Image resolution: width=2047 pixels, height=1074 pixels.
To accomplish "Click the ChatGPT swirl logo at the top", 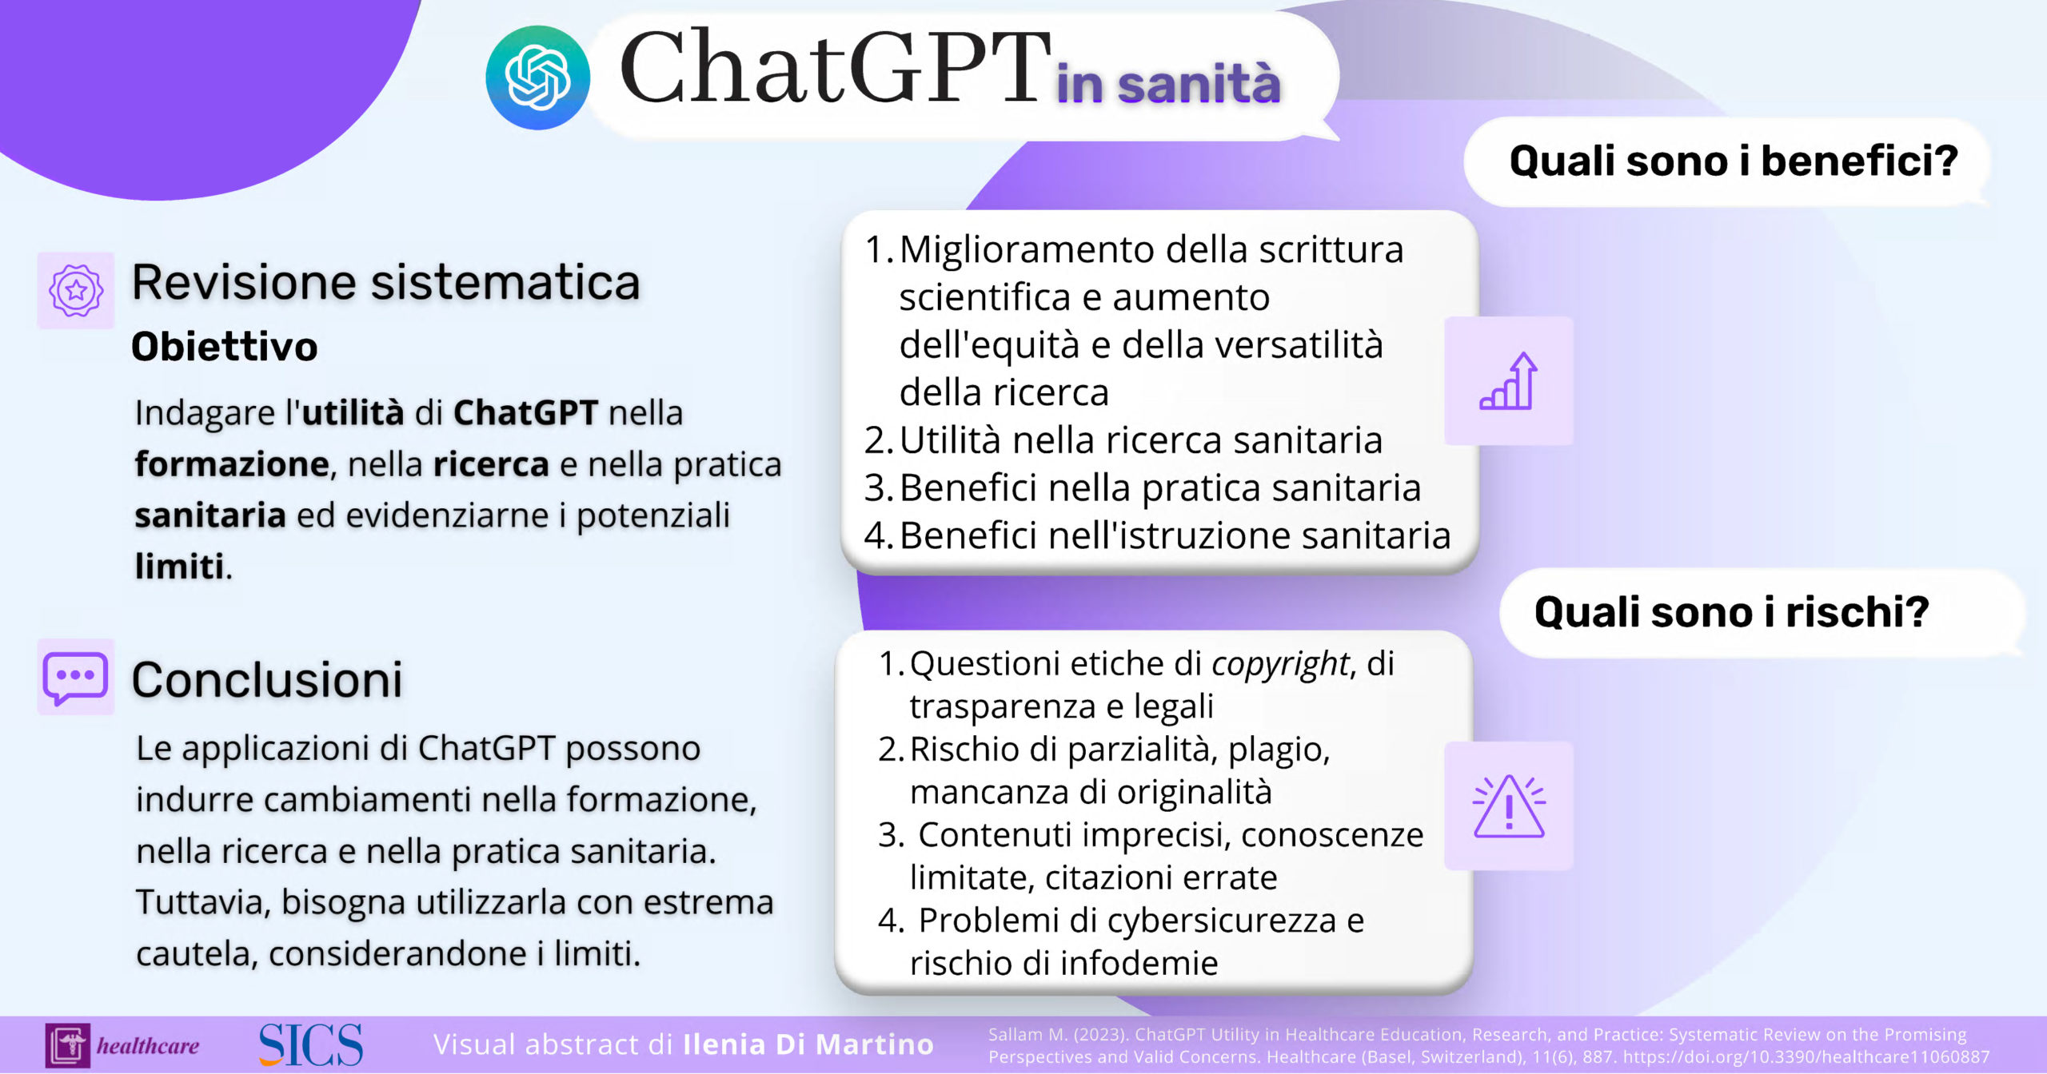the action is click(x=537, y=78).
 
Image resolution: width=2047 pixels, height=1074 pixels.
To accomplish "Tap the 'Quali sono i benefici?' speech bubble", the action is click(x=1728, y=161).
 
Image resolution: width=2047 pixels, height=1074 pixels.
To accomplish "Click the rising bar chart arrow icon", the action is click(x=1509, y=381).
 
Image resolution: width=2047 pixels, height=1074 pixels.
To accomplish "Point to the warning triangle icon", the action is click(x=1509, y=806).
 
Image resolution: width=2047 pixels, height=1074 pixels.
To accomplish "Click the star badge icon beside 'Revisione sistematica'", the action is click(x=76, y=290).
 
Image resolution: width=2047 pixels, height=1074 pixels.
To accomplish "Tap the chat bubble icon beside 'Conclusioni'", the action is click(x=75, y=678).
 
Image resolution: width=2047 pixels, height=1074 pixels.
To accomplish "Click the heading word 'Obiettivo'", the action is click(x=225, y=347).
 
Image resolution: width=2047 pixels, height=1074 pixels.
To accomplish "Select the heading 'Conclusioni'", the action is click(x=267, y=680).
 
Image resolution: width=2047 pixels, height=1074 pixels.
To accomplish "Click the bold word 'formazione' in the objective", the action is click(x=232, y=464).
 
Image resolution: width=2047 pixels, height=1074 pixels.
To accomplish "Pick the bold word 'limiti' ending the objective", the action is click(x=180, y=567).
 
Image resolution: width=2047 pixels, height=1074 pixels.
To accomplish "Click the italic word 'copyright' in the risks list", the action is click(x=1280, y=664).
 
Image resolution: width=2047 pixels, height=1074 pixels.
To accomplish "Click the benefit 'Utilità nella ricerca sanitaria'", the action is click(x=1141, y=440).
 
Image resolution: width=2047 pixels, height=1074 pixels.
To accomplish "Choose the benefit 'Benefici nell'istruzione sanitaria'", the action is click(x=1175, y=535).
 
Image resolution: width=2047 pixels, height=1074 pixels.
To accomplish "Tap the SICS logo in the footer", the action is click(x=310, y=1044).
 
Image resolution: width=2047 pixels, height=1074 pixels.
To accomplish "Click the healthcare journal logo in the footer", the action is click(x=122, y=1045).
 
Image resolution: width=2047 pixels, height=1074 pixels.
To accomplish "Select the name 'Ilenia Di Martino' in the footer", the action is click(x=808, y=1044).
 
